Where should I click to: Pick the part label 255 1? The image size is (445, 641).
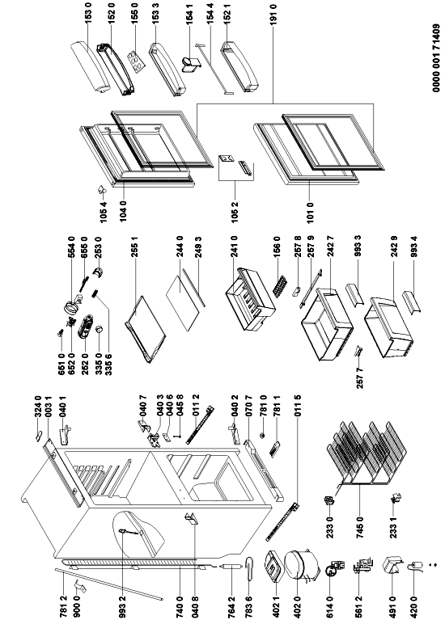[134, 247]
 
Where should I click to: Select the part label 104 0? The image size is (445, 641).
[123, 210]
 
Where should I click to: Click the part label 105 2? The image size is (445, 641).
[234, 212]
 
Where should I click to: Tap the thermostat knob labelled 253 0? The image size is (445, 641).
[98, 272]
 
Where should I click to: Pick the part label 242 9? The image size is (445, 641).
[394, 247]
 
